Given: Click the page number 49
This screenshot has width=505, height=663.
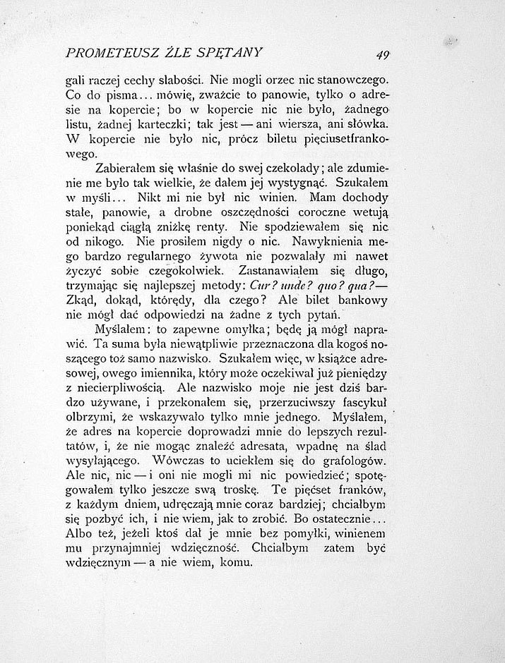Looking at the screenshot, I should pyautogui.click(x=384, y=54).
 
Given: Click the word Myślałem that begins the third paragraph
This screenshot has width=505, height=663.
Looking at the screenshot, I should pyautogui.click(x=123, y=329).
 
